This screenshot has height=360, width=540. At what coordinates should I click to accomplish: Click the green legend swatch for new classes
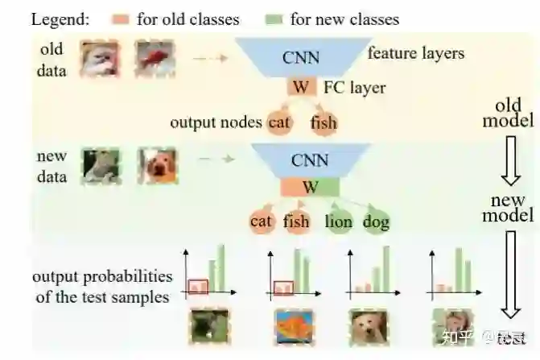click(x=274, y=18)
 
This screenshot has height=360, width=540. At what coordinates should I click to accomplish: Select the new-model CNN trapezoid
click(x=310, y=159)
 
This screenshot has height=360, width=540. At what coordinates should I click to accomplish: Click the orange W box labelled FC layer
click(x=299, y=87)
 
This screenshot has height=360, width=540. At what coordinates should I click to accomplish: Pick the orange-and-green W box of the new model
click(x=310, y=188)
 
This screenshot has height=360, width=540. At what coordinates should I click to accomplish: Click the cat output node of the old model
click(x=278, y=122)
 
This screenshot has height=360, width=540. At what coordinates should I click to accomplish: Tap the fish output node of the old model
click(x=324, y=123)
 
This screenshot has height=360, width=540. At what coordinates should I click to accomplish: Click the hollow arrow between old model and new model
click(x=509, y=167)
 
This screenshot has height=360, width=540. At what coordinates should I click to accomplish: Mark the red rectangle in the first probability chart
click(x=198, y=285)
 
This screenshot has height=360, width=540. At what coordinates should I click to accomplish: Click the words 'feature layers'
click(x=415, y=54)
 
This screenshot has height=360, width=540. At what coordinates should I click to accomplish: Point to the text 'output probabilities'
click(x=102, y=278)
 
